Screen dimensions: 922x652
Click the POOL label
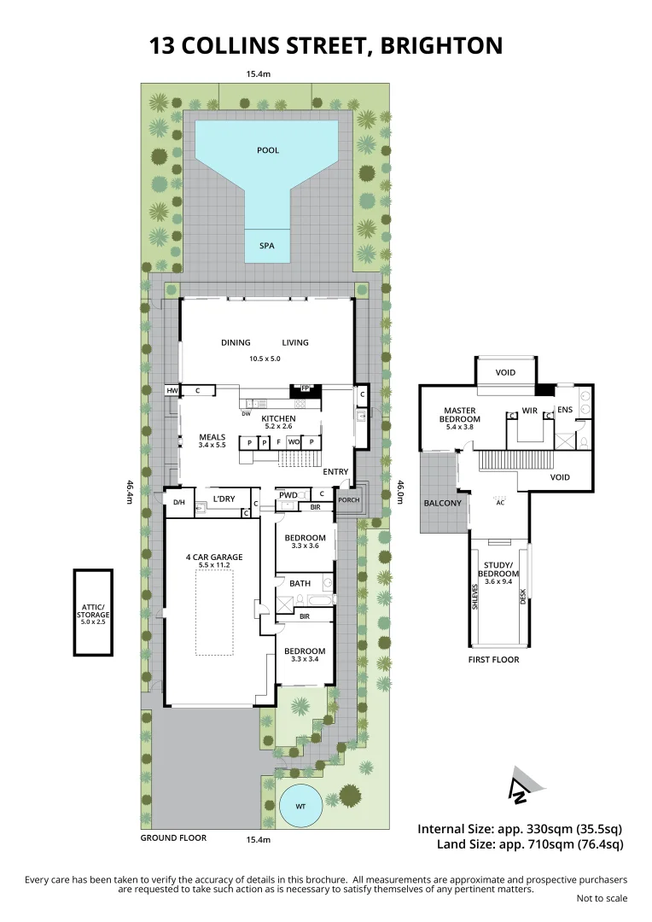268,150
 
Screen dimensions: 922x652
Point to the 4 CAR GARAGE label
214,557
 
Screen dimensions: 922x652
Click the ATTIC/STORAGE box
93,612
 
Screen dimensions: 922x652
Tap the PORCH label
348,500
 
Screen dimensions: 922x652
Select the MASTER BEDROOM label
460,416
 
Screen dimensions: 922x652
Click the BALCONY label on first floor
442,503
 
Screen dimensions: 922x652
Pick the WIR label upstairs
528,410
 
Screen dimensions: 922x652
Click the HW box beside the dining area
172,390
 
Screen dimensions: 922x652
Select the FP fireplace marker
305,388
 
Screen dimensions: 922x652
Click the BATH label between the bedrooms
300,583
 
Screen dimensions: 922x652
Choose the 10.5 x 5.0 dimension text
265,359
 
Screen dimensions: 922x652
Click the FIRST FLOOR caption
493,659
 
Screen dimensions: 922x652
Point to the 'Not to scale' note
602,898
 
